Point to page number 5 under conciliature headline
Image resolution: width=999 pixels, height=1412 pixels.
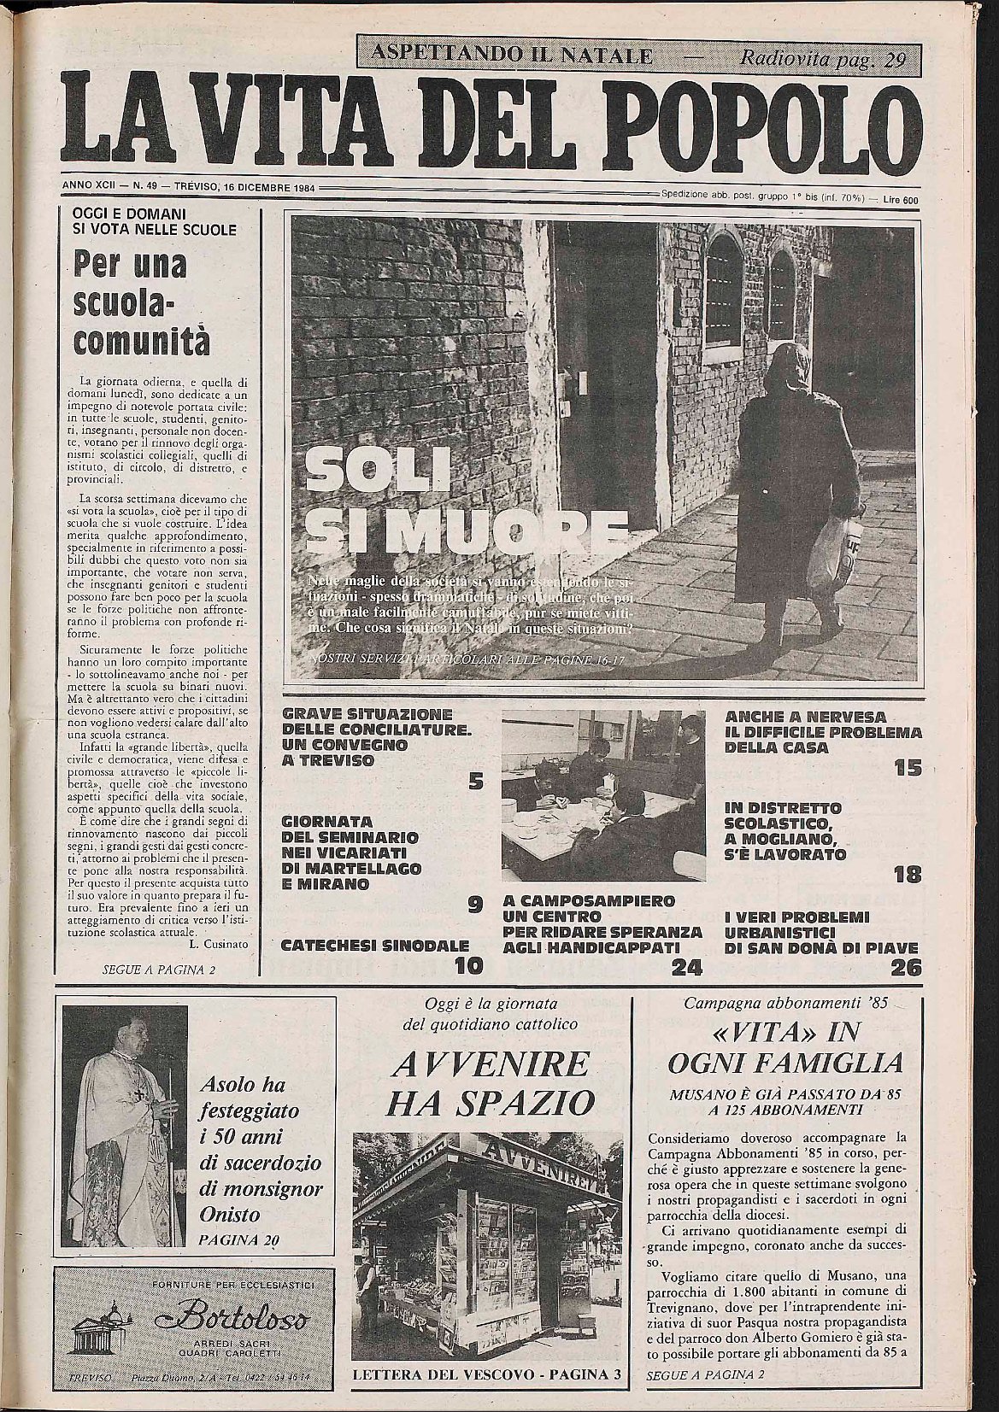pos(476,779)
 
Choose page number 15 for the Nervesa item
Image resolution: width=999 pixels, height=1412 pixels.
pos(908,768)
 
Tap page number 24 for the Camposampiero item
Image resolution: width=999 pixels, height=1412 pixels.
pos(686,967)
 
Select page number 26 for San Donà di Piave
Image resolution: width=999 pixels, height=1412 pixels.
pos(905,968)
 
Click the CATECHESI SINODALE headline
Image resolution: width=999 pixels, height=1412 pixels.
pos(375,946)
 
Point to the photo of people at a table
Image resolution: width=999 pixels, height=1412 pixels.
pos(603,794)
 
